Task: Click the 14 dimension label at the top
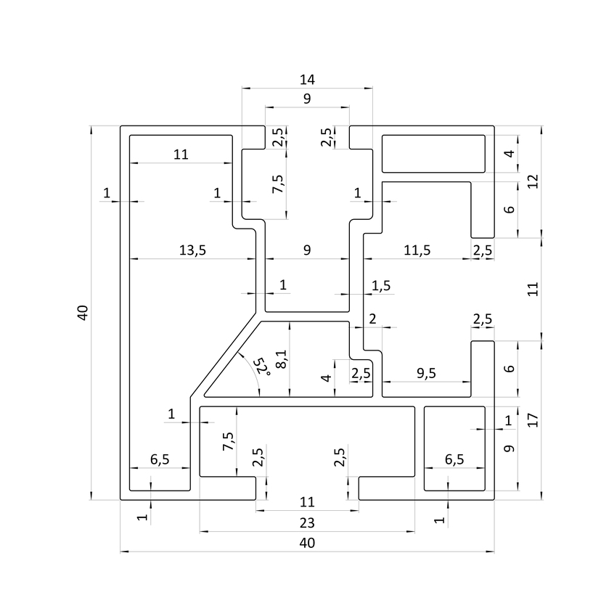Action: click(307, 78)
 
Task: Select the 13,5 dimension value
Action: click(192, 250)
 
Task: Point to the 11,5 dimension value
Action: click(417, 250)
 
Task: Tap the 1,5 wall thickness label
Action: click(381, 285)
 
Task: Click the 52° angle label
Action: click(262, 366)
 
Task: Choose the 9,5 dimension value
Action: click(427, 374)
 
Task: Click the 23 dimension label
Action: click(307, 522)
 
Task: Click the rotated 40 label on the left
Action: click(82, 314)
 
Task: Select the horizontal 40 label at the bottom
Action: click(307, 543)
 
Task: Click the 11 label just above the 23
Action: click(307, 501)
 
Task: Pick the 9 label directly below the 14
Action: click(307, 99)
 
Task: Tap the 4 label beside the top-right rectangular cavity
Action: click(510, 154)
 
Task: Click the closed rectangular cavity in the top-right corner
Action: click(433, 154)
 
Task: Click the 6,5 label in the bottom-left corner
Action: click(160, 459)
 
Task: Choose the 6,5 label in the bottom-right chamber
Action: click(454, 459)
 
